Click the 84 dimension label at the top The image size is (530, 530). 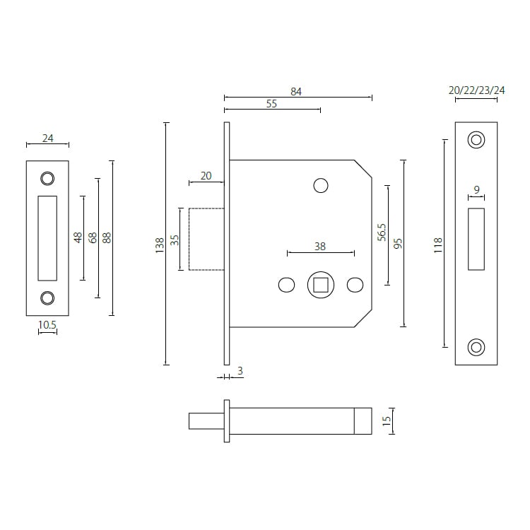(x=296, y=90)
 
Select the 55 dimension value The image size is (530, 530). (x=271, y=103)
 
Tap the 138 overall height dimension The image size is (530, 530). (x=160, y=245)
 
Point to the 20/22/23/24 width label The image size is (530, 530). (x=477, y=90)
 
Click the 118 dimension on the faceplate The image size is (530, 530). (x=437, y=245)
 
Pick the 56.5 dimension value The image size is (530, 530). (x=382, y=232)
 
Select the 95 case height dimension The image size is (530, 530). (x=398, y=244)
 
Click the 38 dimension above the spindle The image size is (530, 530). (x=320, y=246)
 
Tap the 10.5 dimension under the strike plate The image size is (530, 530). (x=47, y=324)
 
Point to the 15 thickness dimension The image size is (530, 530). (x=386, y=420)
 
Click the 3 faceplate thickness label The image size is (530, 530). (x=240, y=370)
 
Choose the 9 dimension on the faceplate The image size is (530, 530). (x=476, y=189)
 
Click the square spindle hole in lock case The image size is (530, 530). (x=320, y=285)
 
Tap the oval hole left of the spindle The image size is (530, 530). (x=286, y=285)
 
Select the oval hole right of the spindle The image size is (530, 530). (x=355, y=285)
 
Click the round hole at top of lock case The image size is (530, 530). (x=320, y=185)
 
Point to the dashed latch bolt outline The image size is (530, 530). (x=206, y=238)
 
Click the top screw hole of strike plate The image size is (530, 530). (x=47, y=177)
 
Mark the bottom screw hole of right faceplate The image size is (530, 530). (x=476, y=347)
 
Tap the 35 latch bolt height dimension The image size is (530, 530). (x=175, y=239)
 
